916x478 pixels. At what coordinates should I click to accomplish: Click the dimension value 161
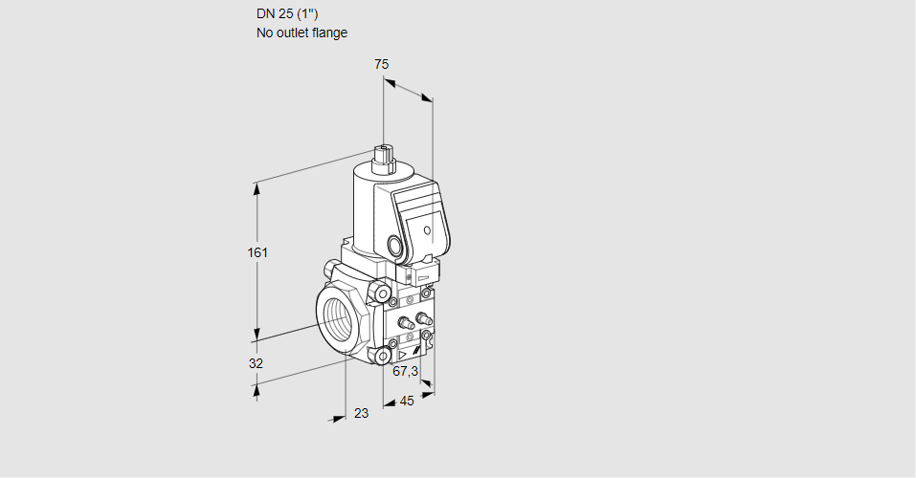257,252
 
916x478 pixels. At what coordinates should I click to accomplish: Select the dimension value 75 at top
382,64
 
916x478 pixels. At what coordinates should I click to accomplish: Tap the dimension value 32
256,363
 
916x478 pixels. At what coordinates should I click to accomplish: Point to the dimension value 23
362,413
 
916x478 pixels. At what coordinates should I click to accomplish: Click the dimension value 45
407,401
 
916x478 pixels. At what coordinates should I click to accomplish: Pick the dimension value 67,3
406,371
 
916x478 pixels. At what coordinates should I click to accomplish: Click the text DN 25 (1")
287,14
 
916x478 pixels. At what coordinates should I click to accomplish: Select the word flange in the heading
329,33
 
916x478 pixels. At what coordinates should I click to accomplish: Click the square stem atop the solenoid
384,159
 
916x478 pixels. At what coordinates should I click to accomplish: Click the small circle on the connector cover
427,230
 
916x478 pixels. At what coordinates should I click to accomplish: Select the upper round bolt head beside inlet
382,293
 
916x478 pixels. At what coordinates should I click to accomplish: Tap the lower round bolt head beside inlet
383,356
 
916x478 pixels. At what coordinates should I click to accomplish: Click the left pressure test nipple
405,323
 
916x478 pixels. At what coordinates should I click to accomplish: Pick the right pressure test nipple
423,318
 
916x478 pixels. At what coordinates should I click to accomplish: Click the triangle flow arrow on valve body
402,355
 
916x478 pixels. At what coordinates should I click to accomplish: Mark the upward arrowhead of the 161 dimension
256,188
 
